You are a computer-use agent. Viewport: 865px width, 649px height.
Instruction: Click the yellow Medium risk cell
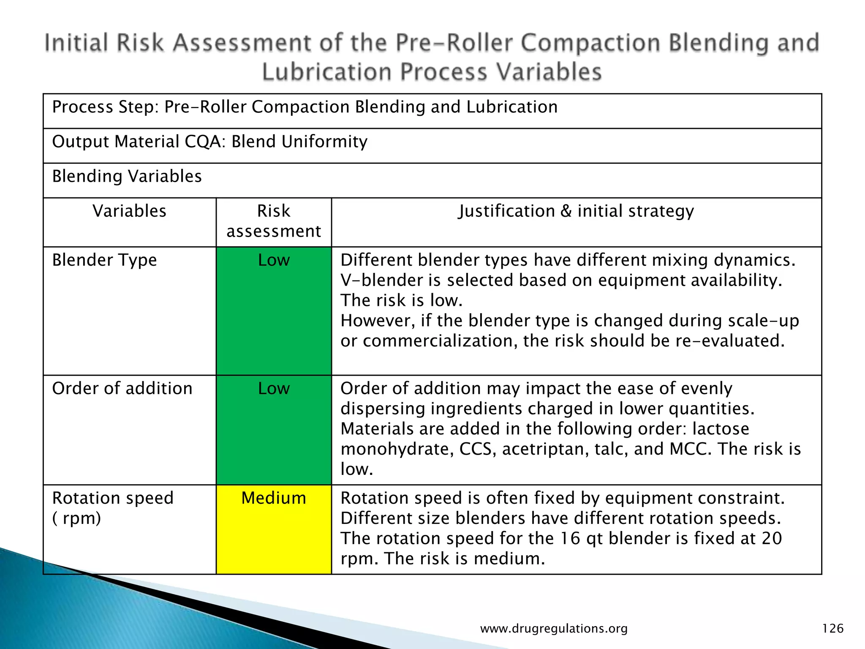point(274,529)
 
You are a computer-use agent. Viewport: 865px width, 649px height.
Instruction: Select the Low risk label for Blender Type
point(274,260)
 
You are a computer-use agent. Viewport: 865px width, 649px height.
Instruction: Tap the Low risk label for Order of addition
point(274,389)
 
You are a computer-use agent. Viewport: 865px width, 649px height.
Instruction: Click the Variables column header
point(129,211)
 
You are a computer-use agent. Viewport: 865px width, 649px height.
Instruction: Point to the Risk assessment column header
point(274,221)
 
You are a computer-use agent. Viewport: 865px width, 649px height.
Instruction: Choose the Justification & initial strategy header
point(576,211)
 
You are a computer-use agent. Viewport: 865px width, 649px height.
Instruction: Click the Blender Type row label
point(104,260)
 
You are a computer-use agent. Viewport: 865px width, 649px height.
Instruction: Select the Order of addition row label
point(122,389)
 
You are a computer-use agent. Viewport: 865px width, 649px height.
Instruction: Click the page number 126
point(832,629)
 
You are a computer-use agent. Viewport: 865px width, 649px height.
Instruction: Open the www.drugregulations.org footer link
point(554,629)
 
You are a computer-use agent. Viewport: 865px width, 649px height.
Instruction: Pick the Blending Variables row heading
point(127,177)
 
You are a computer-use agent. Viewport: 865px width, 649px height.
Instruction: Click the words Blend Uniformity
point(299,142)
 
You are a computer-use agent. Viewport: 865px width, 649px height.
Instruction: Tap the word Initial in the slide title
point(76,43)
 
